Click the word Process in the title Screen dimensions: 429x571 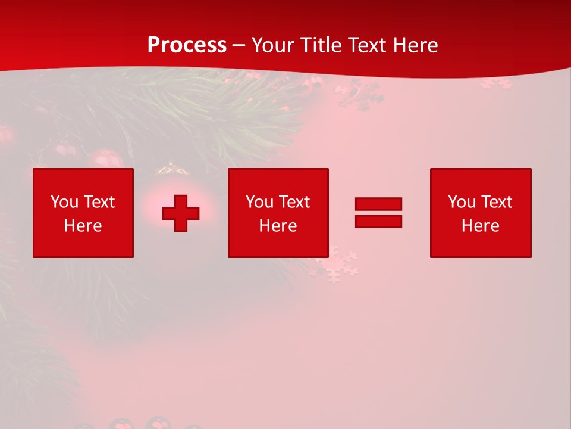[187, 45]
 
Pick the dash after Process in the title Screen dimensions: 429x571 [239, 46]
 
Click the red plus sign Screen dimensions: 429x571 [181, 213]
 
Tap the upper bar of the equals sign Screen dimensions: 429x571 [378, 204]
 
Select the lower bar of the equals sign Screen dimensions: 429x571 [378, 221]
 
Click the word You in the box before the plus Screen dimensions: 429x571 [64, 202]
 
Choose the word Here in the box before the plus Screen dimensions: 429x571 [83, 226]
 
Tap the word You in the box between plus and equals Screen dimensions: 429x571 [259, 202]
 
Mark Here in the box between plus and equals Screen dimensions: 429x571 [278, 226]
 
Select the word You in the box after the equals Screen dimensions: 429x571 [462, 202]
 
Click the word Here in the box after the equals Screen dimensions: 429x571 [480, 226]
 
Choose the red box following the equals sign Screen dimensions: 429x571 [481, 244]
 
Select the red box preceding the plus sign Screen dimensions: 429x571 [83, 244]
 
